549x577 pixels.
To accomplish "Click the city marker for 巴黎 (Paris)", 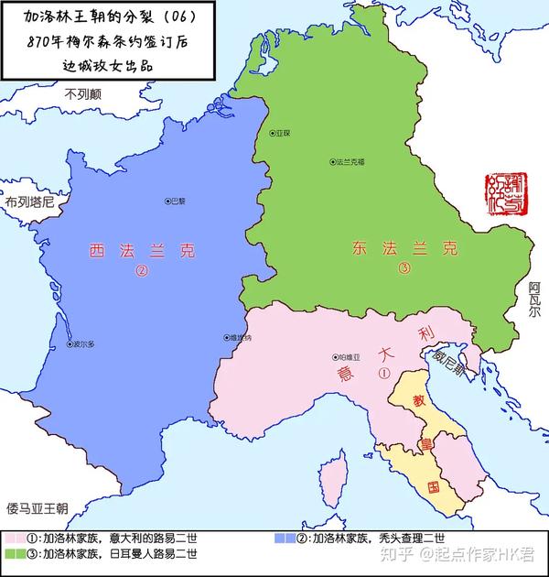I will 167,201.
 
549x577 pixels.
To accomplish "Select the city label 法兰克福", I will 351,162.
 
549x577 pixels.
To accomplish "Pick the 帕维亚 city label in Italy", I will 355,357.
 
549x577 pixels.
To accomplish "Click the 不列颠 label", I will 83,93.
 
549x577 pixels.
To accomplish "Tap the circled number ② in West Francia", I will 142,271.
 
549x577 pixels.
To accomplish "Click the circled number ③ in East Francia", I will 404,269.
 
